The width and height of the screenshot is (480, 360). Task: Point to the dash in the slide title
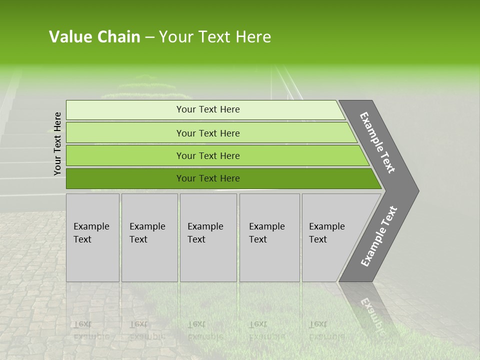coord(149,37)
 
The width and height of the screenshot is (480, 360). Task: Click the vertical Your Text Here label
coord(57,143)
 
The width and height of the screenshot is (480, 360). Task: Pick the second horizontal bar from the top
coord(207,133)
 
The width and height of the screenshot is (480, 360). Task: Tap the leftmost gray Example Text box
coord(92,237)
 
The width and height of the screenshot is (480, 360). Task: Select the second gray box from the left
coord(149,237)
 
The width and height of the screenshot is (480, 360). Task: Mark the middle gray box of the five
coord(208,237)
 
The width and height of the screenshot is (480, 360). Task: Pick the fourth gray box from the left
coord(269,237)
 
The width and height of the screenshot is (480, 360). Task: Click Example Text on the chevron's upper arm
coord(377,142)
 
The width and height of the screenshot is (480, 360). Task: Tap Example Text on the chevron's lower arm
coord(379,236)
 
